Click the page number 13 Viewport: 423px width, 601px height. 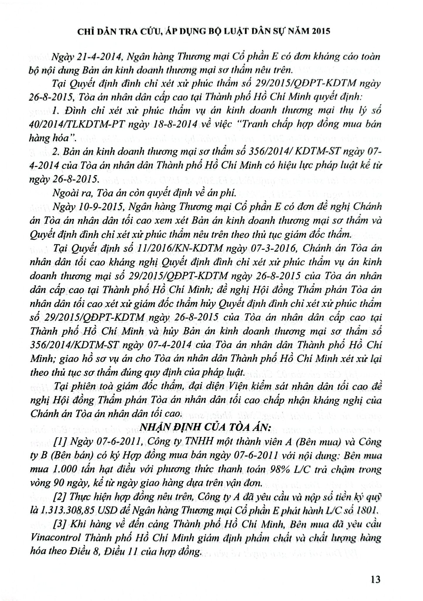tap(375, 580)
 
